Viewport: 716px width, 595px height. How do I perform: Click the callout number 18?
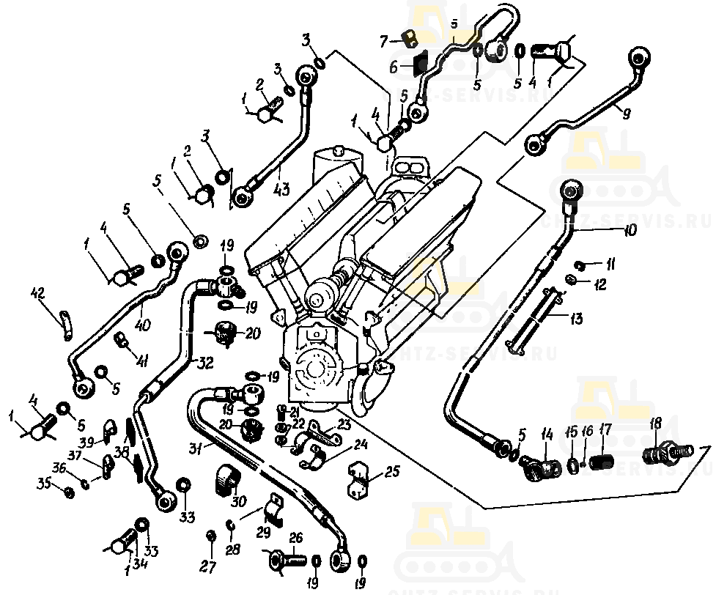tap(656, 423)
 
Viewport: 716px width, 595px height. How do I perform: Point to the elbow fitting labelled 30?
tap(226, 479)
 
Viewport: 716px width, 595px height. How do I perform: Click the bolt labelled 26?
tap(285, 563)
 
